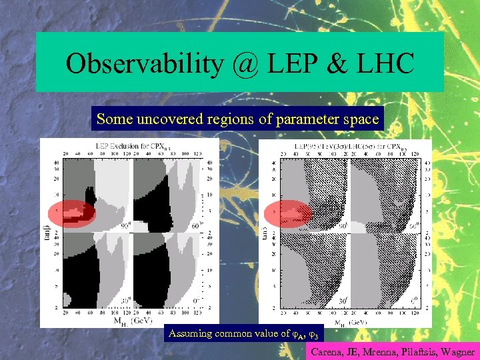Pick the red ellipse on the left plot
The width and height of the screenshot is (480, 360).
coord(72,214)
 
